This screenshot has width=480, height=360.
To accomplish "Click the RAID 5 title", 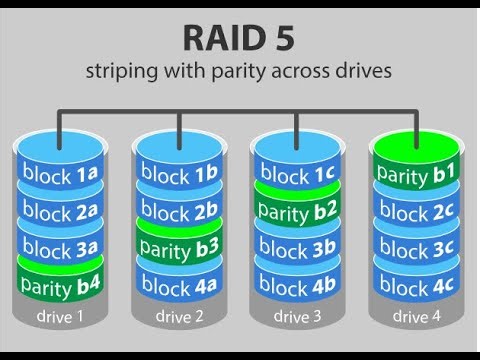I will tap(239, 38).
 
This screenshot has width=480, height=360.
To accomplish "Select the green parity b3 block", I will tap(179, 247).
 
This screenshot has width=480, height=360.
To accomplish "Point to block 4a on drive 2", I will tap(179, 284).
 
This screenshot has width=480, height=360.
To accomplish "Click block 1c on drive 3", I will tap(298, 176).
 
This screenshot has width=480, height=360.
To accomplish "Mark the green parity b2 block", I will tap(298, 211).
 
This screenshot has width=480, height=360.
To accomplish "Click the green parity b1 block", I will tap(417, 172).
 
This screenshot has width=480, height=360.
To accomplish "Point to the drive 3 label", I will tap(298, 318).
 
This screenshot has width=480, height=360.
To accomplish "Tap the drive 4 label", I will tap(417, 318).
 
